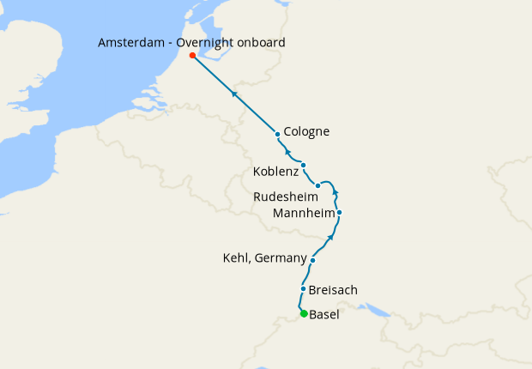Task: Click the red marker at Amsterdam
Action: (x=192, y=56)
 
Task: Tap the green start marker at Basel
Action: (x=304, y=313)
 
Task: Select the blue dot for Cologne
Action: (x=277, y=134)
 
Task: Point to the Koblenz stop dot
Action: (x=304, y=165)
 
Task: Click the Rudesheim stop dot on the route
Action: (x=317, y=185)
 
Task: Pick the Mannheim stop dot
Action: (x=340, y=212)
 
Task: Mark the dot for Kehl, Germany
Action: (x=313, y=260)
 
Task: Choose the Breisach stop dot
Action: (x=303, y=289)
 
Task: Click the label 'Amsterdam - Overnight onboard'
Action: (x=191, y=42)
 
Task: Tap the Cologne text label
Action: (x=306, y=131)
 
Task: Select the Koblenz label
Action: (x=275, y=172)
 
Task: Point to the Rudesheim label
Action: (x=286, y=197)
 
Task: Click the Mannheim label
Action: (x=301, y=212)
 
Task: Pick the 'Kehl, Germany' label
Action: (x=264, y=257)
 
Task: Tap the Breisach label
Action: (x=333, y=290)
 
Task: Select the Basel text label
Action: (x=323, y=314)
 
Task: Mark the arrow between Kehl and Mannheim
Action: (x=331, y=236)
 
